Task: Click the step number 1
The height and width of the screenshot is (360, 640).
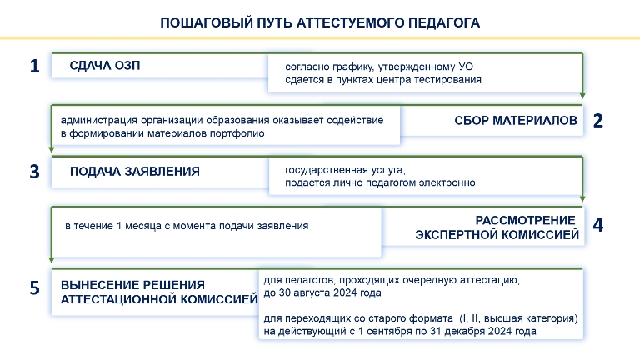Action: coord(35,66)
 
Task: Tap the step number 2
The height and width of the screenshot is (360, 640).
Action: coord(598,120)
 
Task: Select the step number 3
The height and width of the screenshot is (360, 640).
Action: coord(35,172)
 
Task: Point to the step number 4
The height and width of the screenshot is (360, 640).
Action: coord(598,225)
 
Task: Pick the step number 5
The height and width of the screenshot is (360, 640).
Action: coord(35,287)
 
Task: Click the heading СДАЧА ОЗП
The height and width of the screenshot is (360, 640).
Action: coord(105,65)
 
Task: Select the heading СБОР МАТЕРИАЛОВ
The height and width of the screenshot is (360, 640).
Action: coord(516,120)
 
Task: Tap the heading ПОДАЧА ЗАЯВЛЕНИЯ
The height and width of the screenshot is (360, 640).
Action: coord(135,172)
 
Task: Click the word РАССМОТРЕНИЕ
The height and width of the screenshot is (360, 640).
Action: coord(525,220)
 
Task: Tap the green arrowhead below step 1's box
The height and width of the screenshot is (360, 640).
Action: coord(582,95)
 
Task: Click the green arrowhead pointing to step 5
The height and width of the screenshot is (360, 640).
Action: coord(52,259)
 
